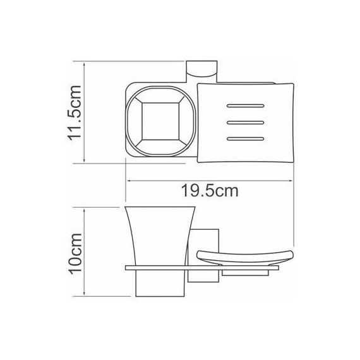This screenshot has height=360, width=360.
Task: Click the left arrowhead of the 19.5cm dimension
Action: coord(129,181)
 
